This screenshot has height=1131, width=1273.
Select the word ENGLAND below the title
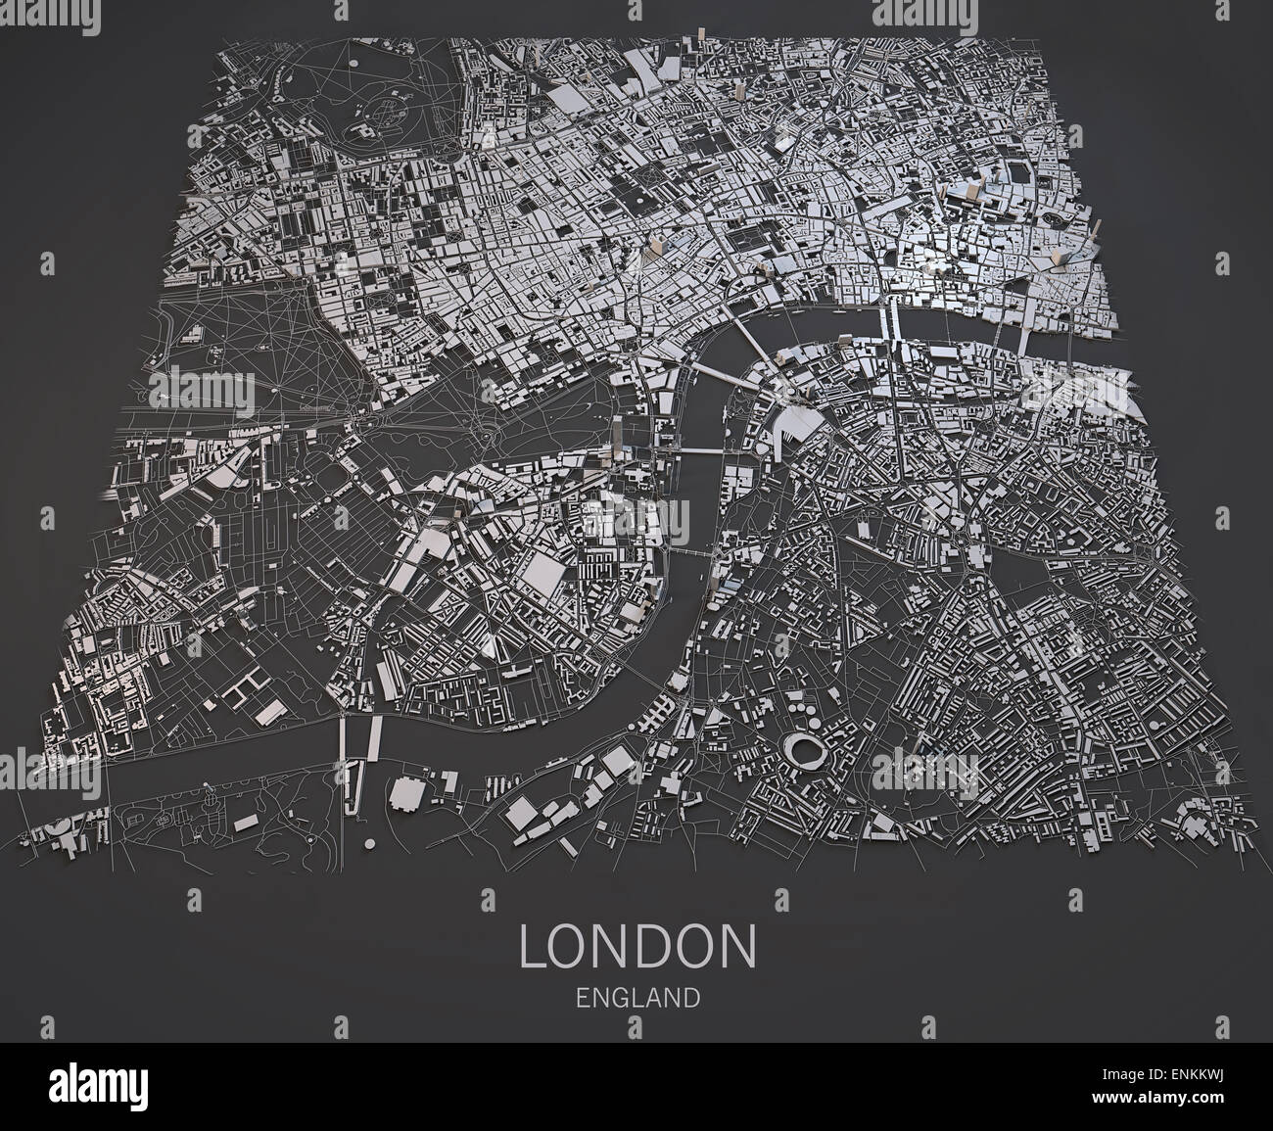tap(637, 998)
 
